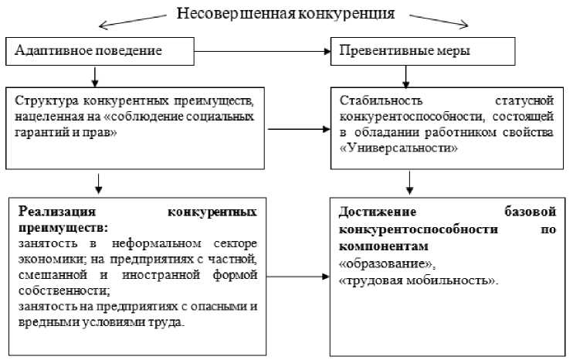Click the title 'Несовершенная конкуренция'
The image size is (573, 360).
pos(286,13)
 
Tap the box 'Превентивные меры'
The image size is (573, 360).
pos(423,52)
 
